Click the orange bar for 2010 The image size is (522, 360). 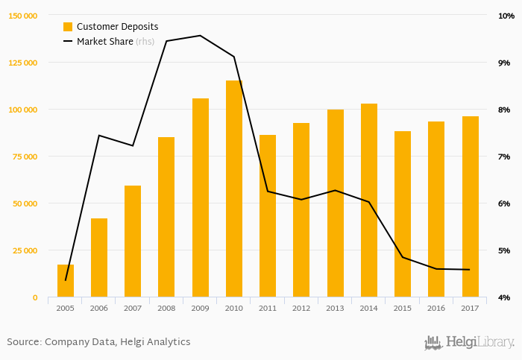tap(234, 189)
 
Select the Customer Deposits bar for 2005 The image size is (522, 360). tap(66, 281)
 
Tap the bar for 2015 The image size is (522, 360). tap(403, 215)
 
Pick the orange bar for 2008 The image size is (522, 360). tap(166, 218)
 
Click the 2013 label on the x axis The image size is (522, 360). tap(335, 308)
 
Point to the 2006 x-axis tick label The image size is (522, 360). tap(99, 308)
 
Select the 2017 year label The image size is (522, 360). tap(470, 308)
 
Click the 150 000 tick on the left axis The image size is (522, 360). tap(23, 16)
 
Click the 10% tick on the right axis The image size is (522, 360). tap(504, 16)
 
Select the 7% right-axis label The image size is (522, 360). tap(504, 157)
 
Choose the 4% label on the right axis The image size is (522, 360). tap(504, 297)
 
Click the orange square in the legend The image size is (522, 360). tap(68, 27)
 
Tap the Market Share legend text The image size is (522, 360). tap(104, 42)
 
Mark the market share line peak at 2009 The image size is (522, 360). tap(200, 36)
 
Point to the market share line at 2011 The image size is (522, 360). tap(268, 192)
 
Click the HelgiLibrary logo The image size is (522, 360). tap(469, 343)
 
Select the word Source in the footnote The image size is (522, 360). tap(23, 342)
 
